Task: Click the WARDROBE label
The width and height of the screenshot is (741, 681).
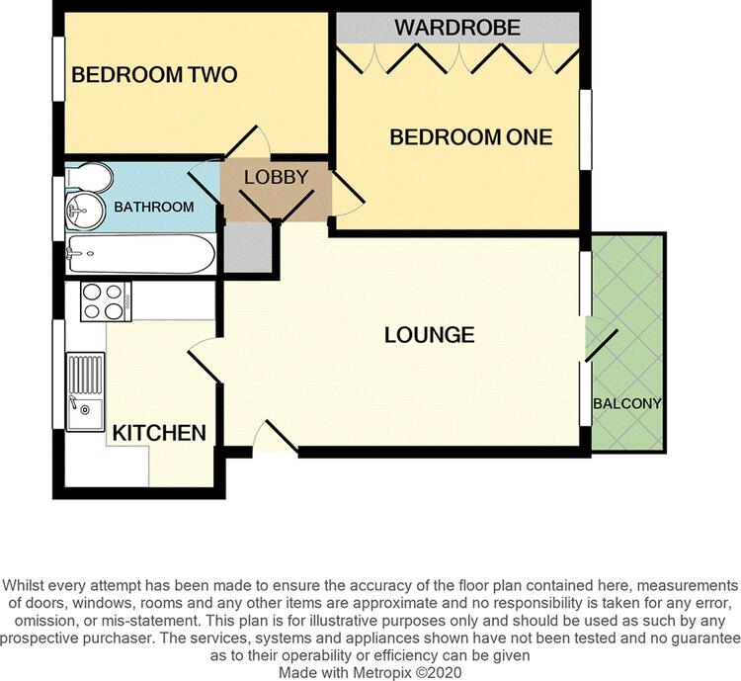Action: click(457, 28)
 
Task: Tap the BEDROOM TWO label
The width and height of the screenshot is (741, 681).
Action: click(154, 75)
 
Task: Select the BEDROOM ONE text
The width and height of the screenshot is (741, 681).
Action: click(470, 137)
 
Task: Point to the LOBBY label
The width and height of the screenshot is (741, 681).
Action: click(276, 177)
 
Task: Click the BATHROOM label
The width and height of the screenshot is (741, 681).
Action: click(154, 207)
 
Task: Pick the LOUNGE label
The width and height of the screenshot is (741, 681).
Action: click(429, 335)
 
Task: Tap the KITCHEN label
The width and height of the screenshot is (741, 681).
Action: click(159, 433)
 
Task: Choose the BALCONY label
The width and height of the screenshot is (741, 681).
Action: click(627, 403)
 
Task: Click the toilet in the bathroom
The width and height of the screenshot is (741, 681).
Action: click(90, 178)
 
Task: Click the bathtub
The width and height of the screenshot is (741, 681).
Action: click(140, 254)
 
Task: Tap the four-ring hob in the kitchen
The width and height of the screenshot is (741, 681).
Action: click(106, 301)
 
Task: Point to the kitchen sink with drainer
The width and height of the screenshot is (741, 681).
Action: click(86, 392)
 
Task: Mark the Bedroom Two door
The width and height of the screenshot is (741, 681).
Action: click(248, 141)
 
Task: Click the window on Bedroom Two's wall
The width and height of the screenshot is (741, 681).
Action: click(58, 68)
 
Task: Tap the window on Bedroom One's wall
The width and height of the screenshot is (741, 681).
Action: click(586, 129)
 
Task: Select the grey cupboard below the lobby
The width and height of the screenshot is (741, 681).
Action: click(248, 247)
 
